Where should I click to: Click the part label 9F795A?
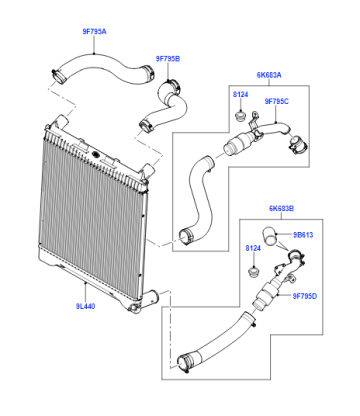(x=95, y=32)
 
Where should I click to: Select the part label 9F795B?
(x=168, y=59)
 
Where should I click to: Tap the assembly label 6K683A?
(x=269, y=75)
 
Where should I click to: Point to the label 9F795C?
(x=277, y=101)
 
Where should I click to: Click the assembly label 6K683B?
(x=282, y=209)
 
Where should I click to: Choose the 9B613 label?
(x=303, y=235)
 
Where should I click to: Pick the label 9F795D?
(x=305, y=296)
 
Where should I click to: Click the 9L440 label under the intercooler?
(x=85, y=306)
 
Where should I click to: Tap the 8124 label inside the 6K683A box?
(x=240, y=95)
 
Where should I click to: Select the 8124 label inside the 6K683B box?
(x=253, y=248)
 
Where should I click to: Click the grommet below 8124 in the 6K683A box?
(x=240, y=117)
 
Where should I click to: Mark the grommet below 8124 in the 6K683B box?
(x=253, y=272)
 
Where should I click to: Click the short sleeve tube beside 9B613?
(x=269, y=235)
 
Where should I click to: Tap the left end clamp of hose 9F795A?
(x=59, y=76)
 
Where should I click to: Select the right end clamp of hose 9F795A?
(x=148, y=72)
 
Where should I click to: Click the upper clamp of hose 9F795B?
(x=173, y=85)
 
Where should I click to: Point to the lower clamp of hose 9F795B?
(x=145, y=127)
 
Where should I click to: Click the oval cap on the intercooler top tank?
(x=95, y=155)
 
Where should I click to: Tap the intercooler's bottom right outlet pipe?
(x=152, y=297)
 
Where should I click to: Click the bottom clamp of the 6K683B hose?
(x=184, y=364)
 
